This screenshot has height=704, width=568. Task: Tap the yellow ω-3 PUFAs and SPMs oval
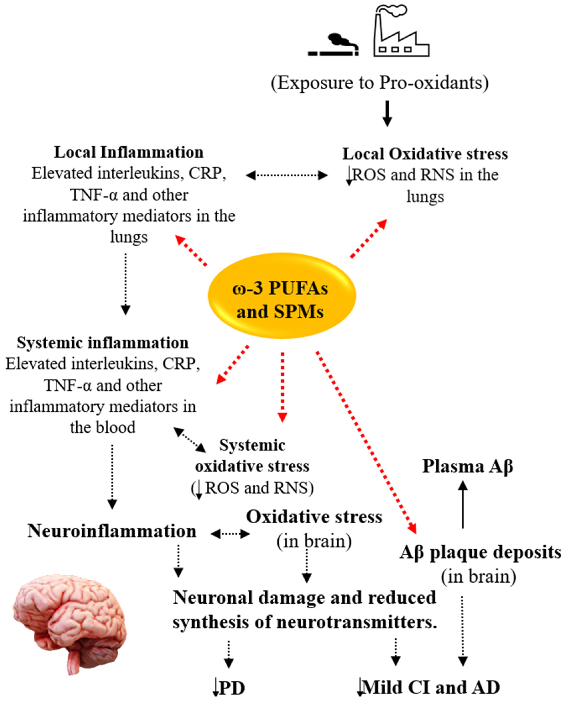(282, 296)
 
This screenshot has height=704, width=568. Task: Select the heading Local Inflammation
(129, 152)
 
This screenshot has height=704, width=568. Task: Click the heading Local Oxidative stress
(425, 154)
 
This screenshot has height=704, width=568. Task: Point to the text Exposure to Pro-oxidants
(380, 83)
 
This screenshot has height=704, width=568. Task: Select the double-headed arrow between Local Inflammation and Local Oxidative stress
(287, 175)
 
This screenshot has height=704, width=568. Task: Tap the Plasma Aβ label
(467, 466)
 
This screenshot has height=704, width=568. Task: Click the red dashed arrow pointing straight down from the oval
(282, 386)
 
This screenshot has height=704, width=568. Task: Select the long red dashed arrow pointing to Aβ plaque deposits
(366, 442)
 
